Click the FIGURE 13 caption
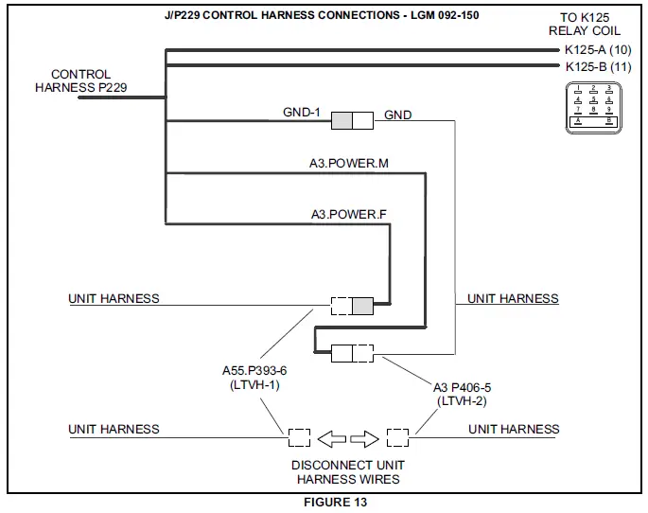[x=335, y=503]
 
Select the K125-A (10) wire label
[x=597, y=48]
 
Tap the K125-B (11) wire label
[x=597, y=66]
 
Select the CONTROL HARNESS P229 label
[x=80, y=81]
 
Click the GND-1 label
[x=302, y=113]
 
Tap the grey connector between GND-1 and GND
[x=351, y=120]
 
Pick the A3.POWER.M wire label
[x=348, y=164]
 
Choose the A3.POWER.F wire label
[x=348, y=214]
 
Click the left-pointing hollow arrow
[x=331, y=439]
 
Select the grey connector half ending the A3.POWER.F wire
[x=363, y=306]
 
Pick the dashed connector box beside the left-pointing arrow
[x=299, y=439]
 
